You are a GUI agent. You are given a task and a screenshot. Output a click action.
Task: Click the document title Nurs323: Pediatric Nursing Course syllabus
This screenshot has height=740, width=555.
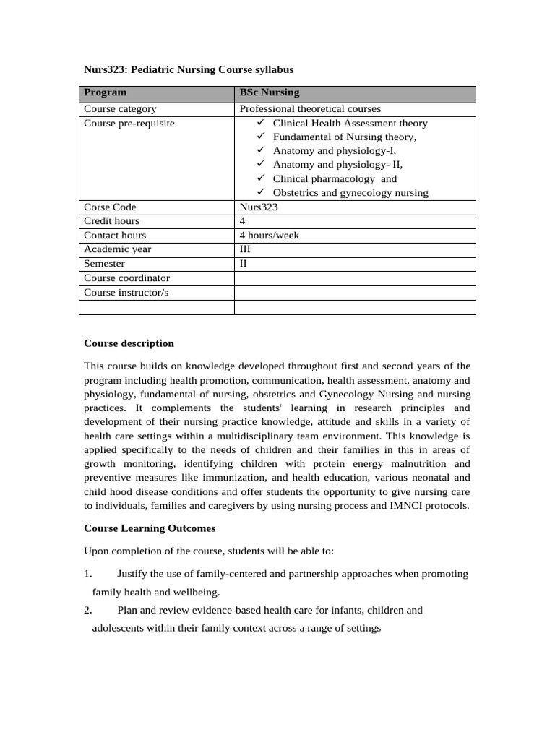click(x=189, y=69)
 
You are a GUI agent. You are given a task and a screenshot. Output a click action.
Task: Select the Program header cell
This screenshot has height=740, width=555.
click(x=105, y=92)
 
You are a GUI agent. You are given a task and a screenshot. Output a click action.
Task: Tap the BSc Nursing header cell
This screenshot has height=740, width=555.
click(x=269, y=92)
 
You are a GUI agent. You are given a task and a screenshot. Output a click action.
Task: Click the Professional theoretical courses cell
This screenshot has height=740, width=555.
click(x=310, y=109)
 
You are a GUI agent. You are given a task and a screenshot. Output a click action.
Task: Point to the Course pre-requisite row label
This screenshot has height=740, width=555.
click(x=129, y=124)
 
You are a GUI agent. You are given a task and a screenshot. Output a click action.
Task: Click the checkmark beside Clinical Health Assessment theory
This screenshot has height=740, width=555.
click(x=262, y=124)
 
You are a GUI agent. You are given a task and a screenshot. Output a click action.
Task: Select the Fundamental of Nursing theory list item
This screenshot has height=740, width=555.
click(x=344, y=137)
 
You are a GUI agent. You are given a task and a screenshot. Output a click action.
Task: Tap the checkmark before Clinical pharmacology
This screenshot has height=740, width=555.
click(x=262, y=178)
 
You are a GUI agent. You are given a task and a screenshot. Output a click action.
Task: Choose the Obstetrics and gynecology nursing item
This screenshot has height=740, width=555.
click(x=350, y=193)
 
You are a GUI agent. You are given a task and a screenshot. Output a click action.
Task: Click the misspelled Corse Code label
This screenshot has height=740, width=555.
click(x=110, y=207)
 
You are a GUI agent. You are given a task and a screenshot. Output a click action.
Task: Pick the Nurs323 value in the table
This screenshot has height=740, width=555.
click(x=259, y=207)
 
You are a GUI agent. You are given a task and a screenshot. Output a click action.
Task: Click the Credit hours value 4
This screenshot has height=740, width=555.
click(x=243, y=221)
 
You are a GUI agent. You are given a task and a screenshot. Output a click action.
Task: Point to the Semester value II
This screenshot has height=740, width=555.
click(x=244, y=264)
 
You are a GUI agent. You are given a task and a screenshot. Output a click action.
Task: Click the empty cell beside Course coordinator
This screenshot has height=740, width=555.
click(x=354, y=278)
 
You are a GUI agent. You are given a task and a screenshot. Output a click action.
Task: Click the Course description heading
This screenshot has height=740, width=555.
click(x=129, y=343)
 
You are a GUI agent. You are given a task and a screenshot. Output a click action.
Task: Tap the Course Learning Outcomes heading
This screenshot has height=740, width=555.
click(x=150, y=529)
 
